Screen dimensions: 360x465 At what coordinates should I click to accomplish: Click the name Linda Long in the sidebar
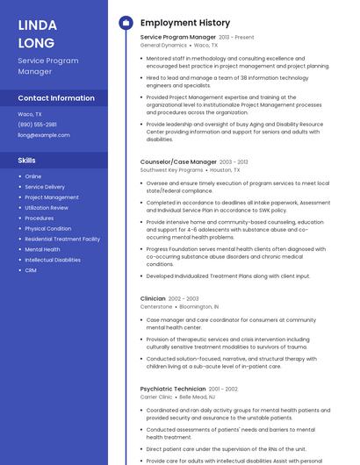[x=37, y=33]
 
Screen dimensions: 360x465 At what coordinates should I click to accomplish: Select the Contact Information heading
[x=56, y=98]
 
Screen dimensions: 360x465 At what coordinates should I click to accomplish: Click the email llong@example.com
[x=44, y=135]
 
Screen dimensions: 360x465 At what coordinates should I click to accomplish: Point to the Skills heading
[x=27, y=161]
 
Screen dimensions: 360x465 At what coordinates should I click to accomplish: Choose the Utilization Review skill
[x=47, y=208]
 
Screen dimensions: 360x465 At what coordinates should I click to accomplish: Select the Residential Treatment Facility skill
[x=62, y=239]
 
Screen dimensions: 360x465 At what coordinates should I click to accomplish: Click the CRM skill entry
[x=31, y=270]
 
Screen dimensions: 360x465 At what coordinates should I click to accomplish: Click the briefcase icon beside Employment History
[x=126, y=22]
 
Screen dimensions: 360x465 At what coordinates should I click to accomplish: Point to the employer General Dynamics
[x=163, y=45]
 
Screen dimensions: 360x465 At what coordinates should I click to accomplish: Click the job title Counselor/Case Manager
[x=178, y=161]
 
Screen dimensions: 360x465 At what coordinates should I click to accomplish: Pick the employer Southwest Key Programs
[x=172, y=169]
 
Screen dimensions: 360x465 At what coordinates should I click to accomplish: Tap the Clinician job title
[x=153, y=298]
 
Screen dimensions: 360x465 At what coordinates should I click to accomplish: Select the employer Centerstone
[x=156, y=307]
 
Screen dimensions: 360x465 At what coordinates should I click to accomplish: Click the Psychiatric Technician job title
[x=173, y=389]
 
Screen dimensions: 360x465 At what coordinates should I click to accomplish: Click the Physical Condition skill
[x=47, y=228]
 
